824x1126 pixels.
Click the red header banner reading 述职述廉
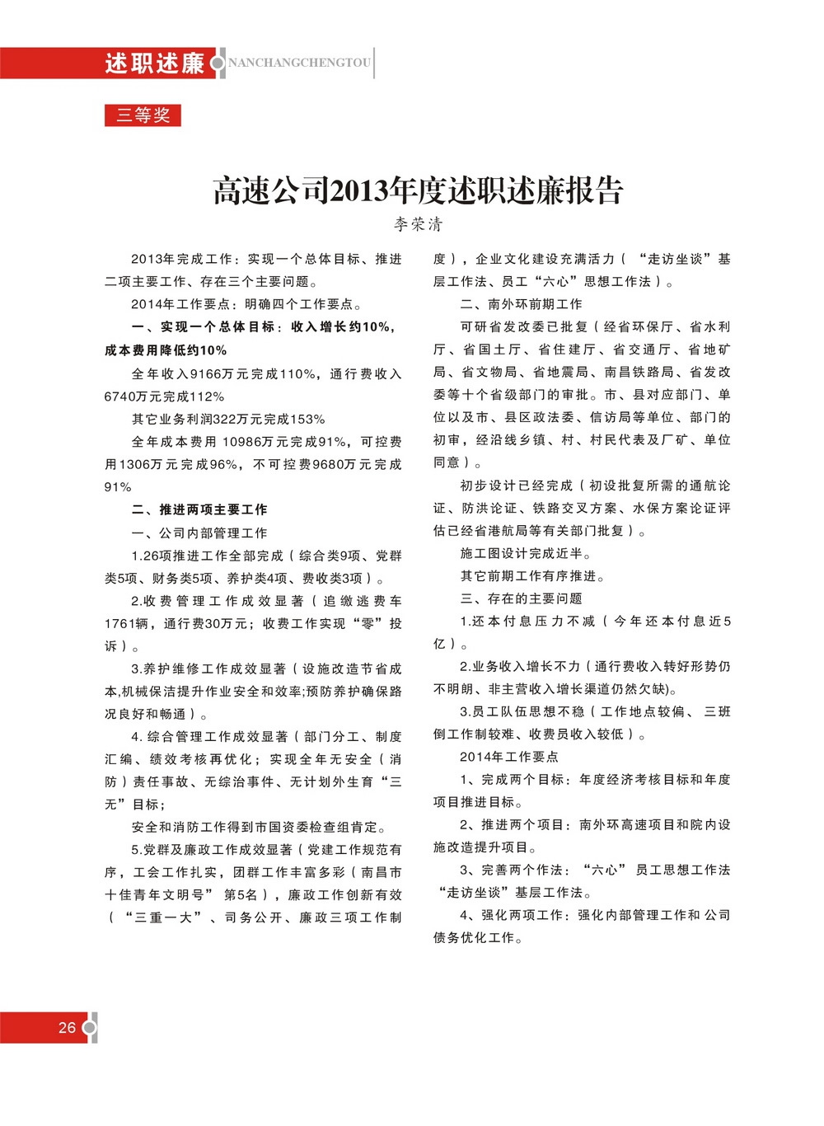154,63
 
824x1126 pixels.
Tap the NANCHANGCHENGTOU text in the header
299,63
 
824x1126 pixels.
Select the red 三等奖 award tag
143,115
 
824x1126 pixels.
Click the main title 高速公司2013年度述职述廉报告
418,190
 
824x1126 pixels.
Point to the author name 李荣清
418,224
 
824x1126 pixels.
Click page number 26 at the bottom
67,1028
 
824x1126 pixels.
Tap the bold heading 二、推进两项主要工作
199,509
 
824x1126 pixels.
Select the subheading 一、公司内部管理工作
199,533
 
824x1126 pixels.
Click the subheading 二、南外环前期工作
521,304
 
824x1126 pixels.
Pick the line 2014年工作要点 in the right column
509,757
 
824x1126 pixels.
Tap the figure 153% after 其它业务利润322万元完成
309,420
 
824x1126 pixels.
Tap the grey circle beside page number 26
91,1028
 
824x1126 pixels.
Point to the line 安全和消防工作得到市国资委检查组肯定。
259,827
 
